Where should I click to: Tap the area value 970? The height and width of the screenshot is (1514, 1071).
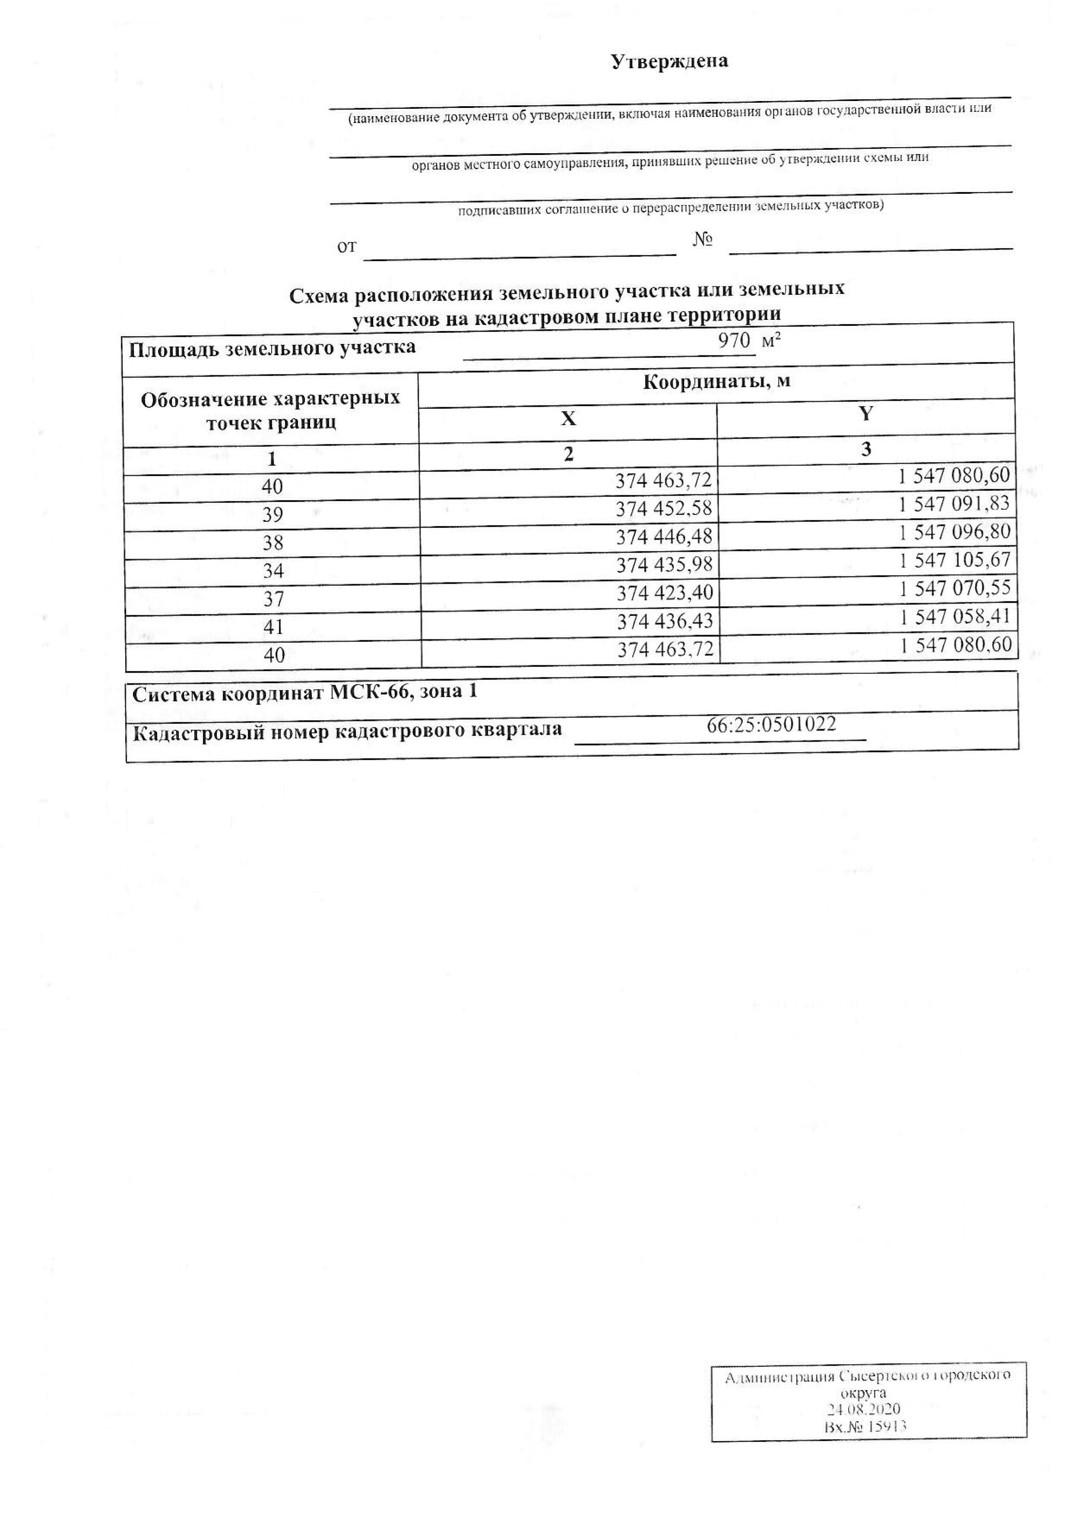point(734,341)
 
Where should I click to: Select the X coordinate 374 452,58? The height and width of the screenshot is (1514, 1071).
point(664,509)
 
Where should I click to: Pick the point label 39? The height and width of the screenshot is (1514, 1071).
point(273,514)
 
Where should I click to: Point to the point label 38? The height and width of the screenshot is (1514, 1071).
point(273,543)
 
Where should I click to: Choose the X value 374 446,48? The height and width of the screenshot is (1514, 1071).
point(664,537)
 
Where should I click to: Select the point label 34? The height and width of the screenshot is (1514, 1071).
point(273,570)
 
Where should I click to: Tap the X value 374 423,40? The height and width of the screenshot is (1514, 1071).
point(665,593)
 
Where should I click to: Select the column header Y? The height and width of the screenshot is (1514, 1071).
point(866,414)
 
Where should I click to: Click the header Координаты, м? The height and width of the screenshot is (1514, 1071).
point(716,382)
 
